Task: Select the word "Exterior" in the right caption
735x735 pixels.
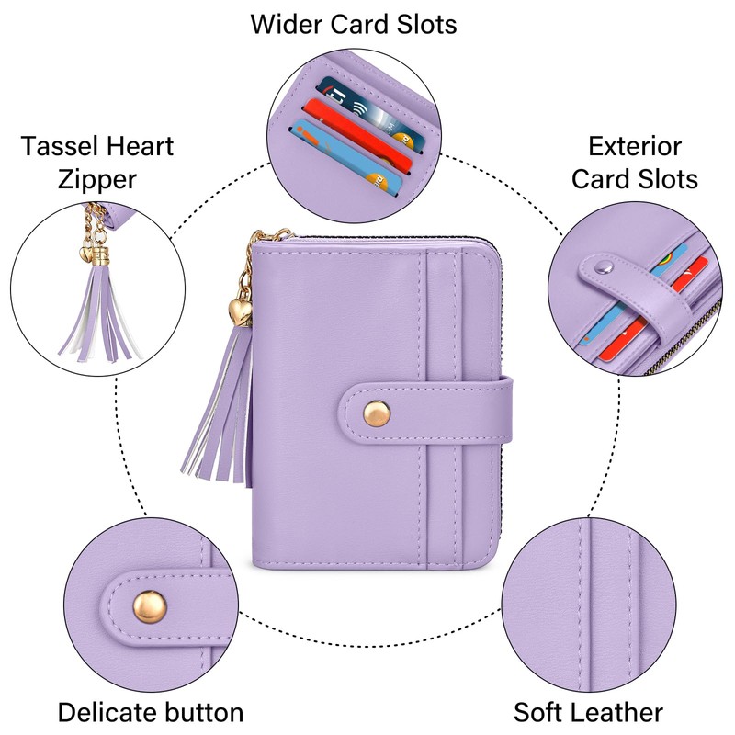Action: point(635,145)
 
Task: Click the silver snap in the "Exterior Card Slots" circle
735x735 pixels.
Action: point(602,267)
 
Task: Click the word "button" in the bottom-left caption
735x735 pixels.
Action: point(204,712)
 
